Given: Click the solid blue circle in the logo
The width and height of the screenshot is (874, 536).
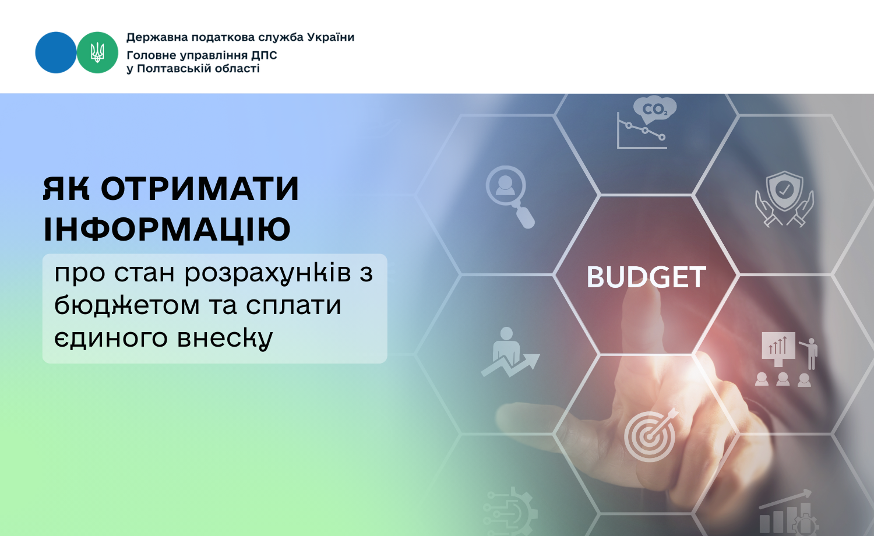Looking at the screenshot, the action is click(x=56, y=52).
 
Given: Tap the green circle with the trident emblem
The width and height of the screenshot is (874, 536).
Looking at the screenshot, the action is click(x=97, y=52).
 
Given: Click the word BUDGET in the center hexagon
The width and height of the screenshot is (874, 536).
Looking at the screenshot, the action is click(x=646, y=277).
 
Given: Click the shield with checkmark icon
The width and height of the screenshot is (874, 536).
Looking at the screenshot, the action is click(x=784, y=199).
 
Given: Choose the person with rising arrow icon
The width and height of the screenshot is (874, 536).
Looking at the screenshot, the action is click(x=510, y=352).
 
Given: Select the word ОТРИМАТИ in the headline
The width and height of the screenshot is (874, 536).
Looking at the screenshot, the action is click(x=200, y=189).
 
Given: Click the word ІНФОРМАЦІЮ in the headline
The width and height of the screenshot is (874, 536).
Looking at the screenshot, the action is click(x=167, y=229).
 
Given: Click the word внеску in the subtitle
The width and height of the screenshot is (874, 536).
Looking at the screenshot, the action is click(x=225, y=338).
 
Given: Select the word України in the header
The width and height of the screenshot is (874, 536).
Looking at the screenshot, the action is click(x=330, y=37).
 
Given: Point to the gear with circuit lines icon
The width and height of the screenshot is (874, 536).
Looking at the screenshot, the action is click(x=510, y=511).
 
